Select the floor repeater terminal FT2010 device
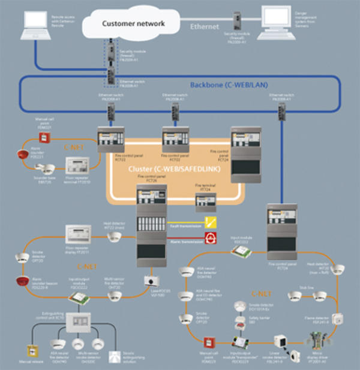coord(77,165)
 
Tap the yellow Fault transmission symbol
coord(211,222)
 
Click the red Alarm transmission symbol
coord(211,239)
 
